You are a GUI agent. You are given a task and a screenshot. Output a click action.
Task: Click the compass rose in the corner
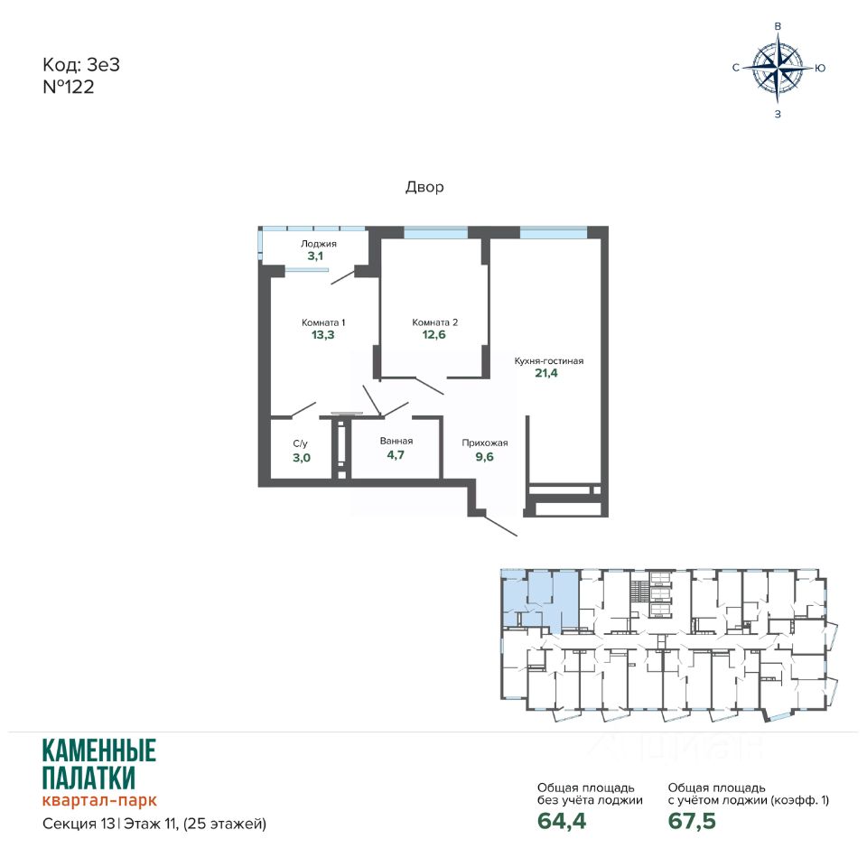click(778, 68)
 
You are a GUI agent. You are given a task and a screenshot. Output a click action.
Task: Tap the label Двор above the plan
click(424, 187)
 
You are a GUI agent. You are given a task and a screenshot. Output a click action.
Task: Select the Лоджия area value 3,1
click(315, 256)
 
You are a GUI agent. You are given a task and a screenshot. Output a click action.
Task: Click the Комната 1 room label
click(323, 322)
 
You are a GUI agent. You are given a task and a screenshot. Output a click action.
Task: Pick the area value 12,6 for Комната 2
click(434, 334)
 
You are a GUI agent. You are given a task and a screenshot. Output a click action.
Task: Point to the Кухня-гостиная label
click(548, 361)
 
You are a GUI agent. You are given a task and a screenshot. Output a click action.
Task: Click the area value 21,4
click(546, 373)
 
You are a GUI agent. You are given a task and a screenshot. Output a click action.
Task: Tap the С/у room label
click(300, 443)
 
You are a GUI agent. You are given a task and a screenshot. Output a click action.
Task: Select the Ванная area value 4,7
click(396, 455)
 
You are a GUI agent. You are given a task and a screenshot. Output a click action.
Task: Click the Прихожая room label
click(485, 443)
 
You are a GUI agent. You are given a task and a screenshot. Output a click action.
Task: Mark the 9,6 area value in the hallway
click(484, 457)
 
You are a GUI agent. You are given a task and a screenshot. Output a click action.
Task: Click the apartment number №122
click(69, 87)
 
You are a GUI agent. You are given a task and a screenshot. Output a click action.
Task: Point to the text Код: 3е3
click(81, 65)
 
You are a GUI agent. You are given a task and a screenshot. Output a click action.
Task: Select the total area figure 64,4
click(561, 821)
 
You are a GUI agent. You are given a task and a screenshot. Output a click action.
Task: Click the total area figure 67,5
click(692, 821)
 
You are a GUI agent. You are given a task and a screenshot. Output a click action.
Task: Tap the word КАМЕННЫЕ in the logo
click(99, 750)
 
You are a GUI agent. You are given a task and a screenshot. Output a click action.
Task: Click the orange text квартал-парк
click(99, 800)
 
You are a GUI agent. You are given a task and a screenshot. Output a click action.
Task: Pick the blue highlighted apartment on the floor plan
click(539, 601)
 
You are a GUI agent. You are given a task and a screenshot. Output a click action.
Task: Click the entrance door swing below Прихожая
click(500, 526)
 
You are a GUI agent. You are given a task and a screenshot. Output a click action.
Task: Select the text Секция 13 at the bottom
click(79, 824)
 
